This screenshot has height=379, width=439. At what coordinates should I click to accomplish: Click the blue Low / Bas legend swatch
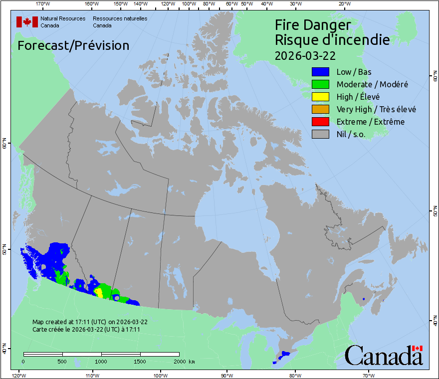point(320,72)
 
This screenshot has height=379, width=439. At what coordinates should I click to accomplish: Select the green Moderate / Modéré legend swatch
point(320,84)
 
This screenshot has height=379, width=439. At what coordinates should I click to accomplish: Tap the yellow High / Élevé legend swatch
point(320,97)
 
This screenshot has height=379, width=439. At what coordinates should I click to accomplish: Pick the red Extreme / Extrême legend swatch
point(320,122)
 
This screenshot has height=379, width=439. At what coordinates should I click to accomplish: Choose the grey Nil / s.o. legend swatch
point(320,134)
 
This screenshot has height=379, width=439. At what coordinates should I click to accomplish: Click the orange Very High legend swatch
point(320,109)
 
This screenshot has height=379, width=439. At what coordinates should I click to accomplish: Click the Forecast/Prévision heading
point(73,45)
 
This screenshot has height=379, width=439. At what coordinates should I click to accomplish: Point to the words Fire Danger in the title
point(313,25)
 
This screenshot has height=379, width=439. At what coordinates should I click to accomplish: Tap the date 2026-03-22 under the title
point(305,55)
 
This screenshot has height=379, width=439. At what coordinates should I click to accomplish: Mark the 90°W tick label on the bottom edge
point(227,375)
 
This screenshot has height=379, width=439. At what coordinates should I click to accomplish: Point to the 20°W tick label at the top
point(343,4)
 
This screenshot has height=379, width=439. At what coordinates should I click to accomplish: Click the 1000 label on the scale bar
point(101,361)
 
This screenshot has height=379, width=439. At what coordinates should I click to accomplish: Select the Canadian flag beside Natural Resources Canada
point(27,22)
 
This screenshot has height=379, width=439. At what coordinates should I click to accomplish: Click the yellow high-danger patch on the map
point(99,292)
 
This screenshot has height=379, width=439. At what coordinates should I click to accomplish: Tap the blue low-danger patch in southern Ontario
point(285,354)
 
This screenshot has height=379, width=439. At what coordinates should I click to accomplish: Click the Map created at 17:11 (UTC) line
point(90,322)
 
